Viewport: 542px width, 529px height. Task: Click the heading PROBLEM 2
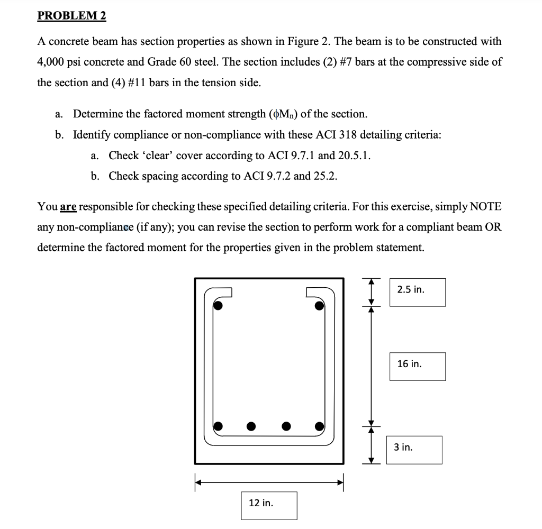(71, 16)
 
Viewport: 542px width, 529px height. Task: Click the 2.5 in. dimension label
(411, 290)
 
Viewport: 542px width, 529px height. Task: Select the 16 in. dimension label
(410, 364)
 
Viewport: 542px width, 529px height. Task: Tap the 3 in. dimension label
(403, 448)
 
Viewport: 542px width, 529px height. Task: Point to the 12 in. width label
(261, 503)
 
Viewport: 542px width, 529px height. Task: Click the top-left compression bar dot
(218, 305)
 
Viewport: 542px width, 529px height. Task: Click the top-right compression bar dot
(319, 305)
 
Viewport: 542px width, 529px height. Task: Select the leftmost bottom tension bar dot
(218, 426)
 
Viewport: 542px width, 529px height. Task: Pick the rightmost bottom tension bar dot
(319, 426)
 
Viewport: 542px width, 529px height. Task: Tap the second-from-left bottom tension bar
(251, 426)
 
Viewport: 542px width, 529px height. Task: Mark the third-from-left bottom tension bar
(286, 426)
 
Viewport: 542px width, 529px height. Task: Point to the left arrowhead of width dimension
(198, 482)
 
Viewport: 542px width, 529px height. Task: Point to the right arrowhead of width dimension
(341, 482)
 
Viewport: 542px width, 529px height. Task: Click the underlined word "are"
(68, 207)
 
